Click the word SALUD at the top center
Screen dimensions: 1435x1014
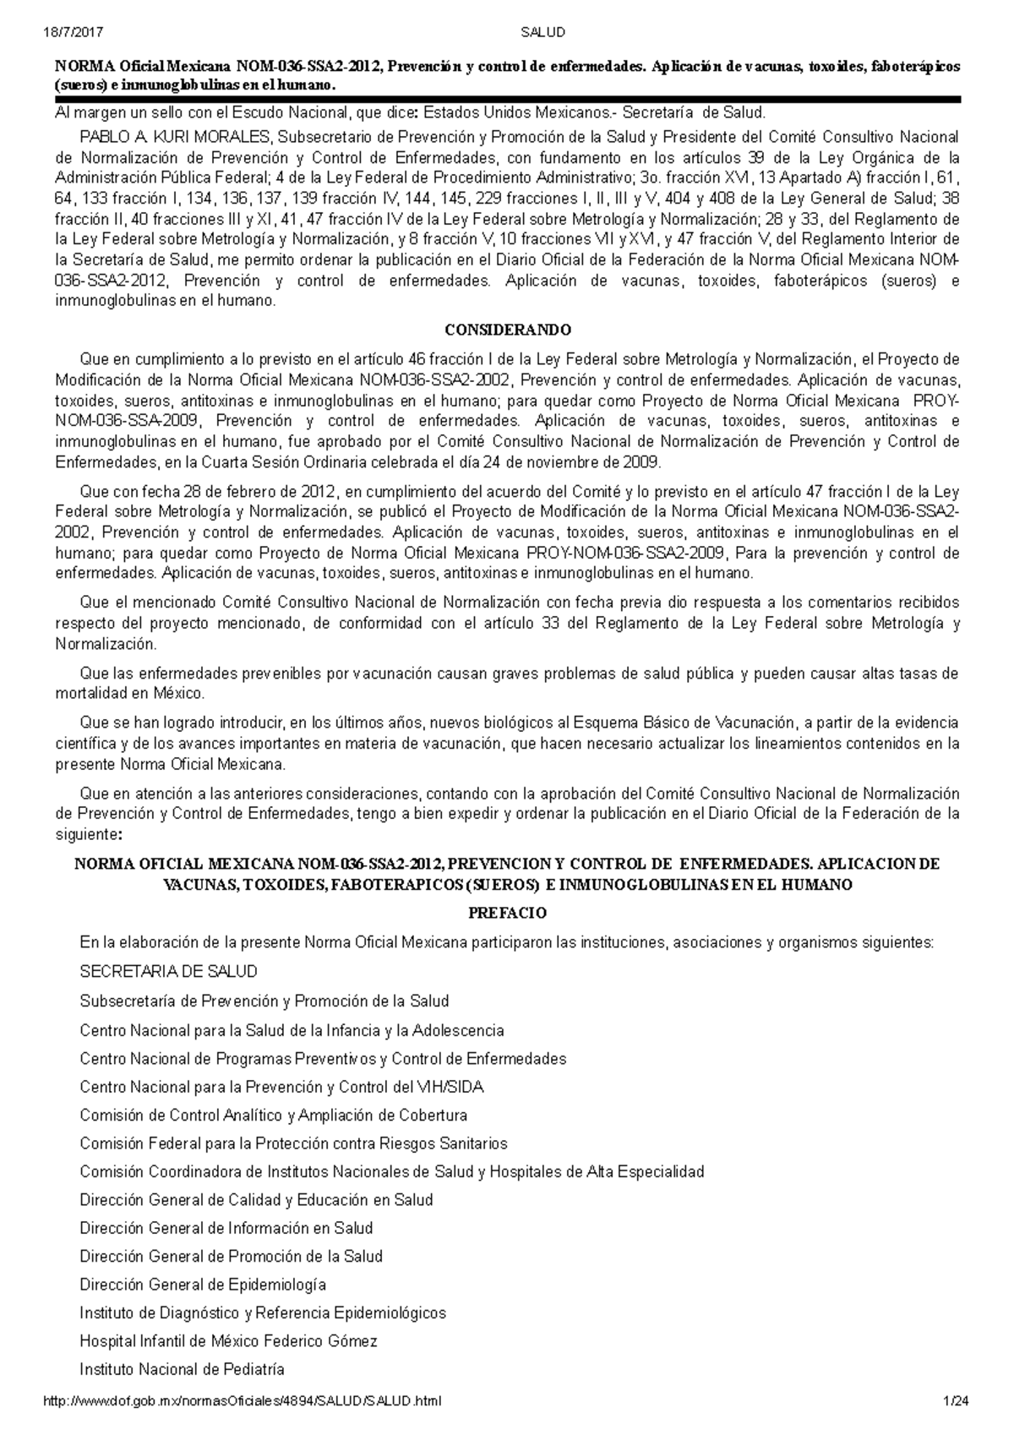tap(542, 33)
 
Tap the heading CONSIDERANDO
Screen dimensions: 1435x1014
tap(508, 330)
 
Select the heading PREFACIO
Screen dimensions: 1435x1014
tap(508, 913)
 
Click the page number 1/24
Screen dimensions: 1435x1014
tap(957, 1401)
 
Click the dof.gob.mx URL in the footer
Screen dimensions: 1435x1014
tap(242, 1401)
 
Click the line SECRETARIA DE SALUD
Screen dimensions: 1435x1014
tap(168, 972)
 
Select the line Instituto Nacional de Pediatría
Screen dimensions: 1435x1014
tap(182, 1369)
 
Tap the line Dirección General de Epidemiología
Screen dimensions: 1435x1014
tap(203, 1285)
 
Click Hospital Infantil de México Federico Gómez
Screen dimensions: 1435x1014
tap(228, 1341)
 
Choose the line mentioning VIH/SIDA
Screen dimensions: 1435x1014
tap(281, 1087)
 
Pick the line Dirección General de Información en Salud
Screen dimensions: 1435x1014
tap(226, 1228)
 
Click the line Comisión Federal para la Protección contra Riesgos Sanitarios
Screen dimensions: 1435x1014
tap(293, 1143)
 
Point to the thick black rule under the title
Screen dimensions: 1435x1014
tap(508, 100)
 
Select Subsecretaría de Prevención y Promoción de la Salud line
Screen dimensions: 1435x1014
tap(264, 1001)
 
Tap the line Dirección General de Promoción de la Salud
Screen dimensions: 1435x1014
tap(231, 1256)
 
